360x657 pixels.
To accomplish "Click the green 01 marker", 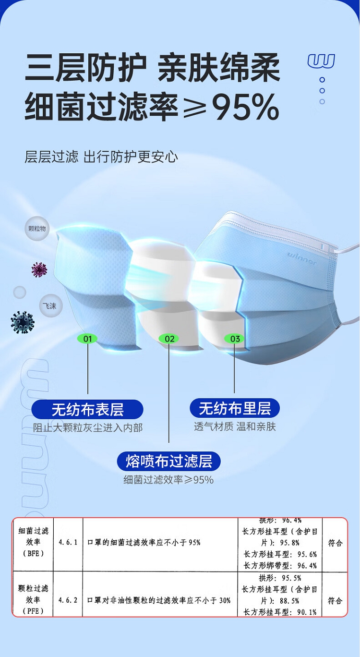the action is point(88,339).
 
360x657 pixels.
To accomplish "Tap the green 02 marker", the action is point(169,339).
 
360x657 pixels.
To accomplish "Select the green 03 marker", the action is point(235,339).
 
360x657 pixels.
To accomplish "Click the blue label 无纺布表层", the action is point(87,410).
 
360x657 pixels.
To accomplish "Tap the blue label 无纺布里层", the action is point(235,408).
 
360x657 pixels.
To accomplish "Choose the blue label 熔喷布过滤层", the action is point(168,461).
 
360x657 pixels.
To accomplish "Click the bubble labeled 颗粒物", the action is point(37,229).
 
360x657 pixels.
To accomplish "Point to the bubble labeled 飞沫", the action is point(49,305).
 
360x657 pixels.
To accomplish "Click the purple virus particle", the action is point(39,270).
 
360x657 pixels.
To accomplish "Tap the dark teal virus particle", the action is point(22,322).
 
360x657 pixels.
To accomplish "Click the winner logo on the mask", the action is point(302,258).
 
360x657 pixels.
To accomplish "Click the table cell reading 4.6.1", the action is point(68,542).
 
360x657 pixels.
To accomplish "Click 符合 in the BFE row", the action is point(335,543).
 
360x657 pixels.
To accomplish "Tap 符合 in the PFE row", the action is point(335,600).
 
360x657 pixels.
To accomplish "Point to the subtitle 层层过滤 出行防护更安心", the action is point(101,157).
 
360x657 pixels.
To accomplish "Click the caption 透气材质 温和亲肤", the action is point(235,426).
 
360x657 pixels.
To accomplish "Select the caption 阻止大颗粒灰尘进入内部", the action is point(87,427).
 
